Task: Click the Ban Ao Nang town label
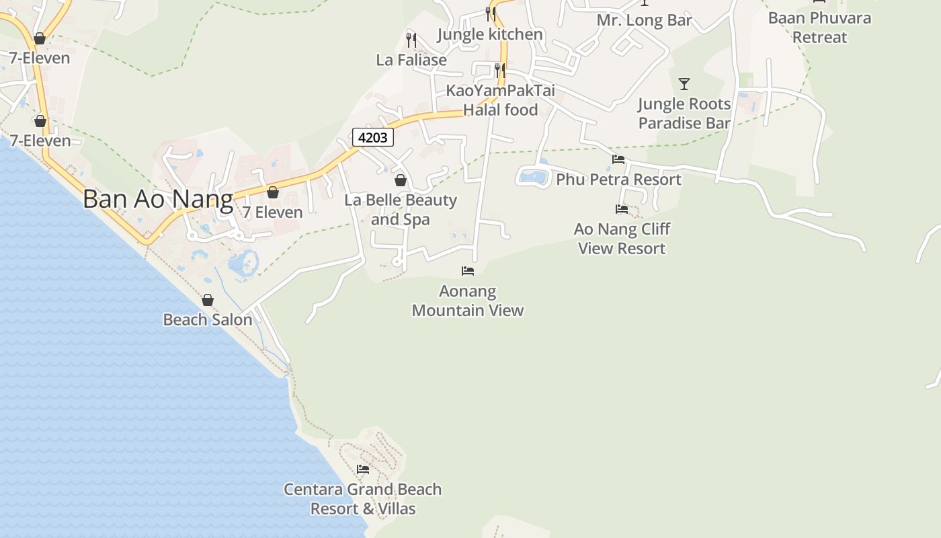tap(158, 199)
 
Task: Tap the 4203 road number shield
tap(373, 137)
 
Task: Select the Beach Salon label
tap(208, 319)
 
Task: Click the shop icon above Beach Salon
tap(208, 300)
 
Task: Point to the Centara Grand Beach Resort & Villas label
tap(363, 499)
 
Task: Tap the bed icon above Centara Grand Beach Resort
tap(363, 469)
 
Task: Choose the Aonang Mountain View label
tap(468, 301)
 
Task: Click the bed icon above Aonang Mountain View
tap(468, 270)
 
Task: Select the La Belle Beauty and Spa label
tap(401, 210)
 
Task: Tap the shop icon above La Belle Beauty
tap(401, 180)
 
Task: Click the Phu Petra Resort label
tap(618, 180)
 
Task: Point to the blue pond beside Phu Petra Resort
tap(534, 177)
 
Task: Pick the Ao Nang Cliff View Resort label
tap(622, 239)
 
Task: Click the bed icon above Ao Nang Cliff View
tap(622, 209)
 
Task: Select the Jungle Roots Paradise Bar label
tap(684, 114)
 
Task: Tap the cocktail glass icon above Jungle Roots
tap(684, 84)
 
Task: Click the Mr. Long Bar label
tap(645, 21)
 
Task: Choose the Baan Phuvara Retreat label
tap(819, 28)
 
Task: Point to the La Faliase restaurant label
tap(411, 60)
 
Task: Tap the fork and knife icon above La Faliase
tap(411, 40)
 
